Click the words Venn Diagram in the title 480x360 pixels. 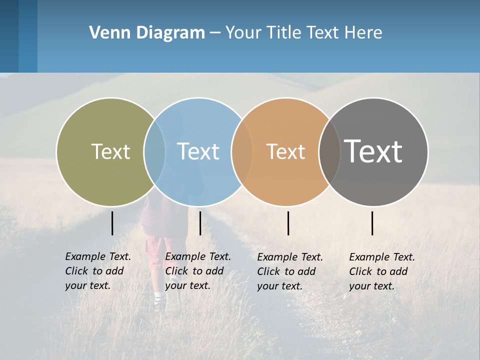coord(147,33)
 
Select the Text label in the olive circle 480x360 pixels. coord(110,151)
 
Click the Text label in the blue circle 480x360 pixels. coord(198,151)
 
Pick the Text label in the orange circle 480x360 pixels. coord(285,151)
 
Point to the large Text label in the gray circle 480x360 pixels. coord(373,151)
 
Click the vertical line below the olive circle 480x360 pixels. coord(112,223)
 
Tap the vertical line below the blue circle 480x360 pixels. coord(200,223)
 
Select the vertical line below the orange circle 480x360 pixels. coord(288,223)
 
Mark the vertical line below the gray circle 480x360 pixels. coord(372,223)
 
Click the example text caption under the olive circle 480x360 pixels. coord(97,271)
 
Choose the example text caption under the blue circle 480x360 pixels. coord(197,271)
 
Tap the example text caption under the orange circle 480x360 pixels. coord(289,271)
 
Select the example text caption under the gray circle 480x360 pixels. coord(381,271)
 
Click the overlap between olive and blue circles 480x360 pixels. coord(154,151)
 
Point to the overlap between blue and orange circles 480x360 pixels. coord(242,151)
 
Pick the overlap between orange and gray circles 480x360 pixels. coord(329,151)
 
